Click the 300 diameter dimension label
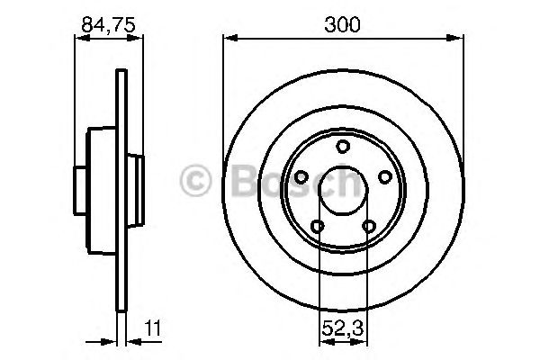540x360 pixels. pos(342,24)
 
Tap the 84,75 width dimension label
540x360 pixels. pos(108,25)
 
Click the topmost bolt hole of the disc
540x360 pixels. pos(343,147)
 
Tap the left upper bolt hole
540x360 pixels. pos(301,177)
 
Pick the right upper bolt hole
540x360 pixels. pos(384,177)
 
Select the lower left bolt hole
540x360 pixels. pos(317,226)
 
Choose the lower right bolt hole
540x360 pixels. pos(368,226)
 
